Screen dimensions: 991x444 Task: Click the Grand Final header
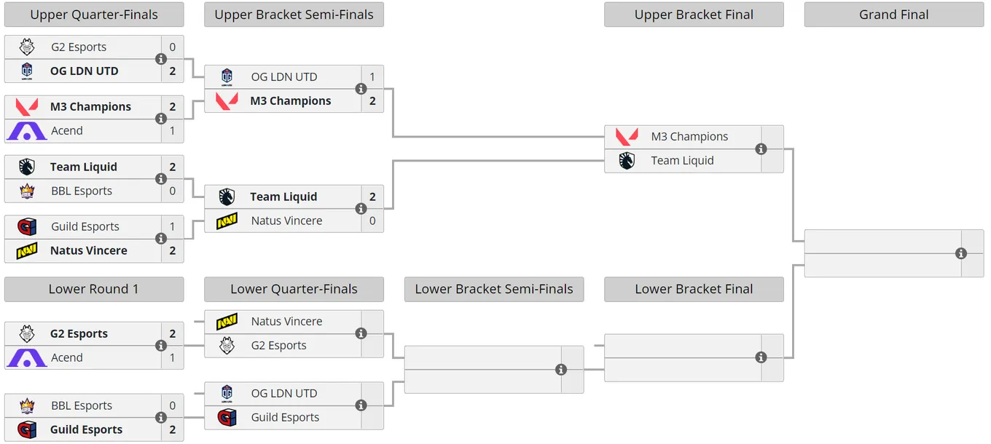(893, 15)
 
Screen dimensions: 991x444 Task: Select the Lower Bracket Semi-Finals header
(494, 289)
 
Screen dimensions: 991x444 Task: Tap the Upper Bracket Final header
(694, 15)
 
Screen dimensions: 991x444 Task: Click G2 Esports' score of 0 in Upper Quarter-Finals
(173, 47)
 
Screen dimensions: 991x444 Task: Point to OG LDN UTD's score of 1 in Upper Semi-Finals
(372, 77)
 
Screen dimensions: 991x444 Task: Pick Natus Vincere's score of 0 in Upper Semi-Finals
(372, 221)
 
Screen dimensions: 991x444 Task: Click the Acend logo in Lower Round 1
(27, 357)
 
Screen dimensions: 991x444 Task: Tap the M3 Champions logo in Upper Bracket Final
(627, 137)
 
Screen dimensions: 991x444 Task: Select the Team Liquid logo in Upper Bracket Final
(627, 161)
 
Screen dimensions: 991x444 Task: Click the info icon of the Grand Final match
(960, 253)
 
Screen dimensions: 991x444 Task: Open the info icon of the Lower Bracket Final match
(761, 357)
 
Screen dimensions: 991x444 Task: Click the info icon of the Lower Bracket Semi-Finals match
(560, 369)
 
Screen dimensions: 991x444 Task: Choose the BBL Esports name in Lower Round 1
(82, 405)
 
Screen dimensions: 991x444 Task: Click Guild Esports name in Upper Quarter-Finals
(85, 226)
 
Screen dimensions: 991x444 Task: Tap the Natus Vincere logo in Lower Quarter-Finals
(227, 321)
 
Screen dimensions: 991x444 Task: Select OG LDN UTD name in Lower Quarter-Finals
(284, 393)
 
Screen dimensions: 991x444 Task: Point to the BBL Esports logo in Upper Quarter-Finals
(27, 191)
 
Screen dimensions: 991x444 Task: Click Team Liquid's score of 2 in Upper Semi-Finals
(372, 197)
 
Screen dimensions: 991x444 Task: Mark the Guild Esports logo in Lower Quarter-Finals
(227, 418)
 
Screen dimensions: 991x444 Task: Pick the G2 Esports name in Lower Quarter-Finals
(278, 346)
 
